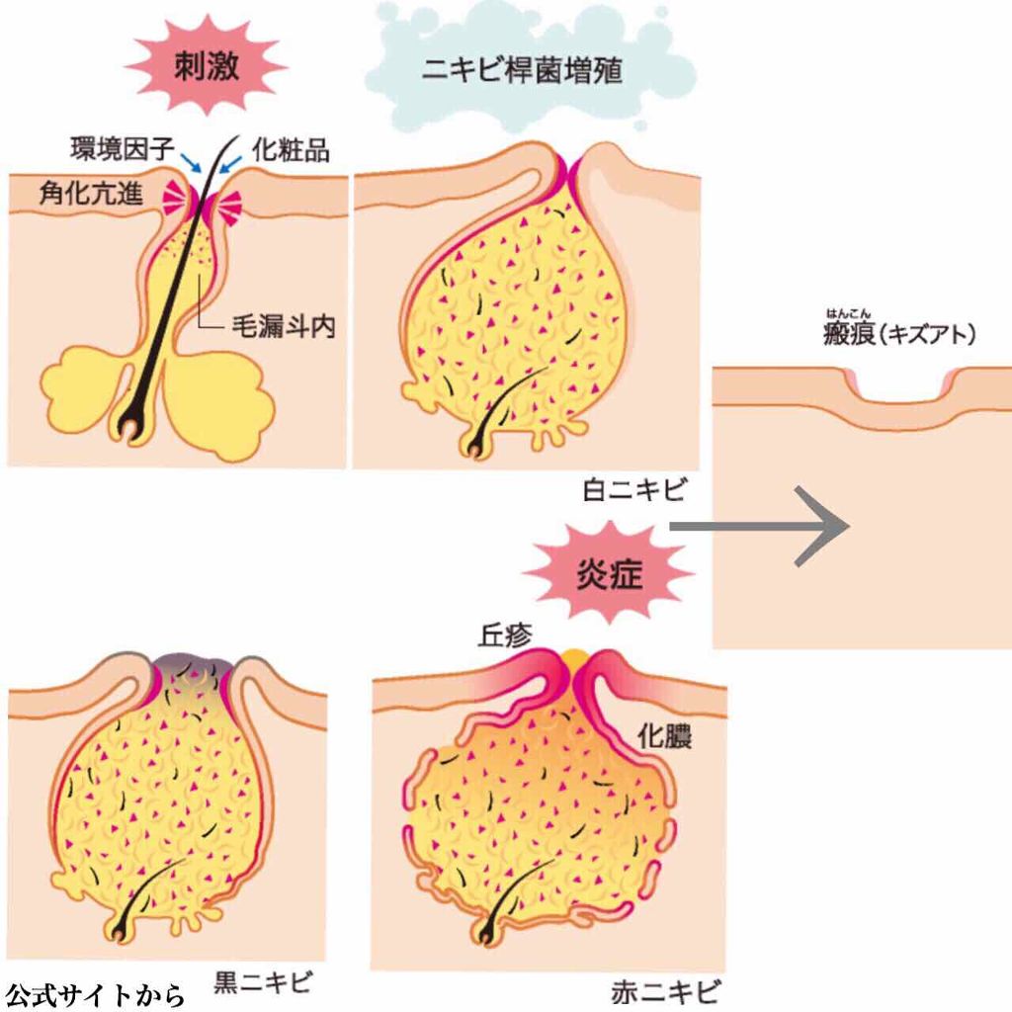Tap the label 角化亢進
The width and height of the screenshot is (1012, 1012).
point(91,193)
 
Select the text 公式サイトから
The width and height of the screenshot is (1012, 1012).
point(95,993)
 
